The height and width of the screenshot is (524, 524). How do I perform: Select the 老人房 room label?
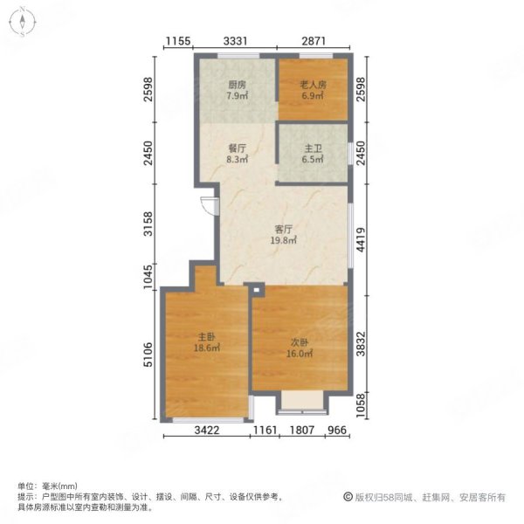313,86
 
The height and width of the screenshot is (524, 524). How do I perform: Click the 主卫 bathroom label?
313,149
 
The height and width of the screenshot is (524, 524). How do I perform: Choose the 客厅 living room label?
280,230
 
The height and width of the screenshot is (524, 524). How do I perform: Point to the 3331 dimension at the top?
237,41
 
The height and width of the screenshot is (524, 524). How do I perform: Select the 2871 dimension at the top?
313,41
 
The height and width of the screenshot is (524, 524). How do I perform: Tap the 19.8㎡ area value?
280,241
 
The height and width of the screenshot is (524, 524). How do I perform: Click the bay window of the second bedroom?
302,403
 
